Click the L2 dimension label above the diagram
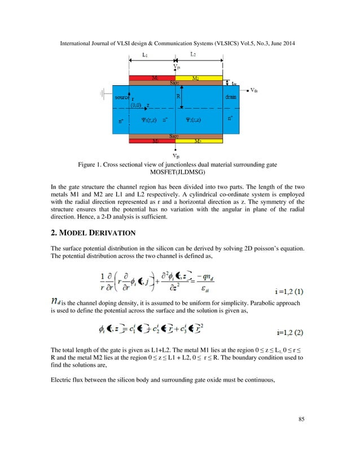(193, 55)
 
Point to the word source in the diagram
(122, 98)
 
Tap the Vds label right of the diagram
(254, 90)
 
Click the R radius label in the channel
(178, 96)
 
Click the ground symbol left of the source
(104, 94)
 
